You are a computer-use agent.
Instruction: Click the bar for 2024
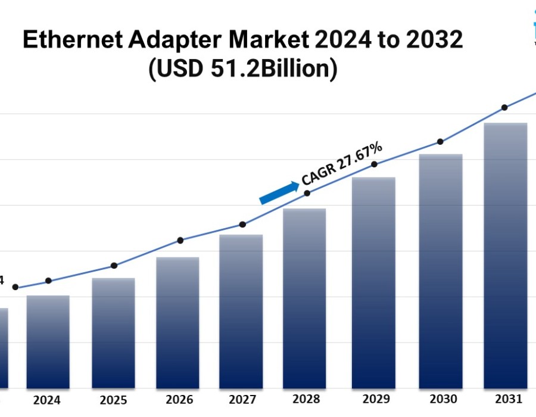(48, 342)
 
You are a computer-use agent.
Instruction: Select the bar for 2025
(113, 334)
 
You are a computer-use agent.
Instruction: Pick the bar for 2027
(241, 312)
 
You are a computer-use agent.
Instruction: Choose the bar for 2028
(304, 298)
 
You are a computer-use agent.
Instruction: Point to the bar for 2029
(373, 283)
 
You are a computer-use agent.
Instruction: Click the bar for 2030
(441, 272)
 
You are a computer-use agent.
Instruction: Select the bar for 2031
(506, 256)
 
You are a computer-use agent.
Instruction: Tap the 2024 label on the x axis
(46, 400)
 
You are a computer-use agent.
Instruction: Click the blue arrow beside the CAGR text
(279, 193)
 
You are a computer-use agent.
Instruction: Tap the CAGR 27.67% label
(342, 163)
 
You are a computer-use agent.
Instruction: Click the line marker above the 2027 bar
(243, 225)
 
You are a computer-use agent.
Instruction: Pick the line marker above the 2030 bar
(440, 142)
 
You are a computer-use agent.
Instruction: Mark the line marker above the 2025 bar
(114, 266)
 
